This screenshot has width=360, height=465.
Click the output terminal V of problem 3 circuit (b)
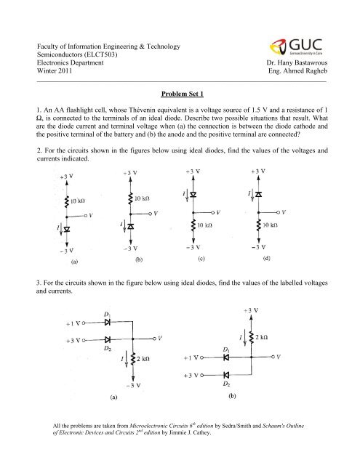pyautogui.click(x=280, y=357)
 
